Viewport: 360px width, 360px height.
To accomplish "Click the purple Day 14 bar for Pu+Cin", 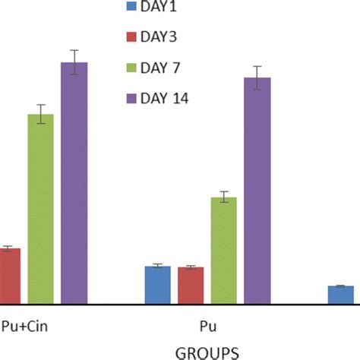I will tap(74, 182).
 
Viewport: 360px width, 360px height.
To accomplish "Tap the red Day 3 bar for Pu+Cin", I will tap(10, 276).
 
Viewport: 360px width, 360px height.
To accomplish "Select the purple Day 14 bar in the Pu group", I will tap(257, 191).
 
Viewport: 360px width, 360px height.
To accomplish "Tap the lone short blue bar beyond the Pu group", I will tap(341, 295).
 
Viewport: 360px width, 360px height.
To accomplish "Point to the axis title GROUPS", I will tap(207, 352).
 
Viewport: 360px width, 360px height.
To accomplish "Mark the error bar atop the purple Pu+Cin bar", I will tap(74, 62).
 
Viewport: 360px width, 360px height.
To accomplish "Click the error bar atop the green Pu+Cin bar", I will tap(40, 114).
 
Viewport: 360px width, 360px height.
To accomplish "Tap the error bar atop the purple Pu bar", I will tap(257, 77).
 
